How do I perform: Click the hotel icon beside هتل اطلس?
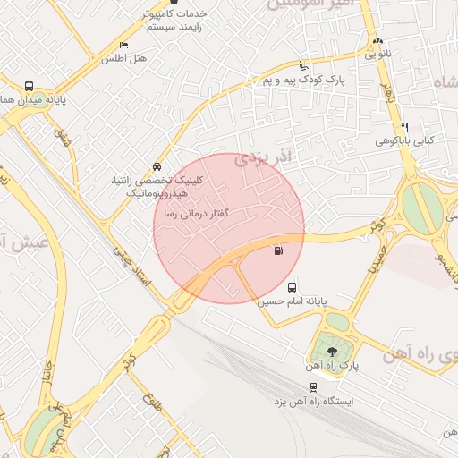click(x=123, y=45)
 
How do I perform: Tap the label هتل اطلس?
click(x=123, y=58)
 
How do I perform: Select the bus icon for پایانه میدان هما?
click(x=30, y=87)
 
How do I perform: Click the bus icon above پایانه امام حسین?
click(x=293, y=287)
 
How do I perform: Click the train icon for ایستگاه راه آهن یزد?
click(x=313, y=386)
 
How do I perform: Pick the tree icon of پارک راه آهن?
click(x=333, y=351)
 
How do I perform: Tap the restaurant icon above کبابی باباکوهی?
click(x=405, y=127)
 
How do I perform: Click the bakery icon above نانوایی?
click(x=377, y=41)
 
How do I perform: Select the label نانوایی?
click(x=377, y=55)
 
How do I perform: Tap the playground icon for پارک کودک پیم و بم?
click(x=303, y=66)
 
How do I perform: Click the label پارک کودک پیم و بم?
click(x=303, y=80)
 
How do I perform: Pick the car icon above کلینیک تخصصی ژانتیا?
click(x=157, y=166)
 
